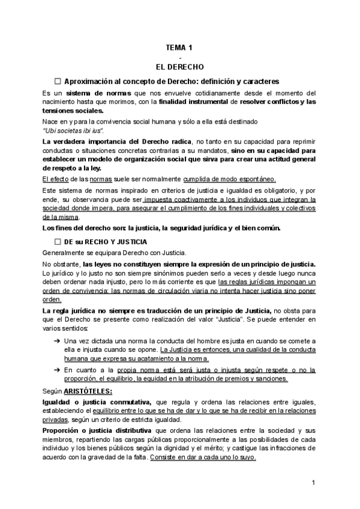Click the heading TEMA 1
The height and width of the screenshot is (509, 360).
click(179, 47)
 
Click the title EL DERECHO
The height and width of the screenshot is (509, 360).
click(179, 66)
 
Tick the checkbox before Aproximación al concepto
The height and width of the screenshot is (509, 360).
click(58, 81)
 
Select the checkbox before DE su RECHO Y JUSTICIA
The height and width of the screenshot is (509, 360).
click(58, 241)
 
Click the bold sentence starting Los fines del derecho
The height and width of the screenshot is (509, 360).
click(161, 227)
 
